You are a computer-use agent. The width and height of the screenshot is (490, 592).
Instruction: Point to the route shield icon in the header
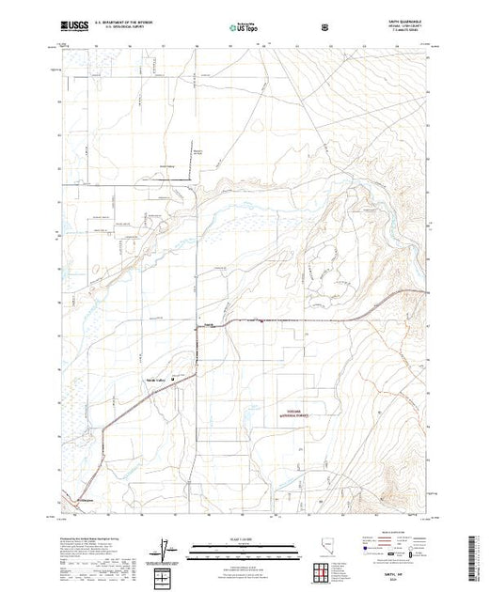(325, 28)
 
